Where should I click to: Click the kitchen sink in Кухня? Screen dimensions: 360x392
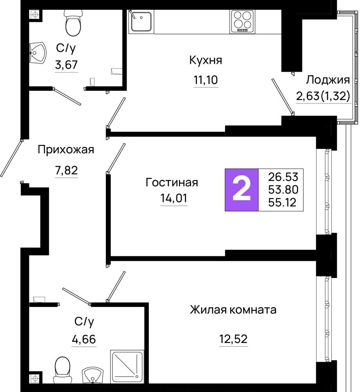tap(141, 22)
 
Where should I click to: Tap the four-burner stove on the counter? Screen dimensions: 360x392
tap(242, 22)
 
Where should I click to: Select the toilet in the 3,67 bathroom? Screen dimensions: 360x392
tap(73, 23)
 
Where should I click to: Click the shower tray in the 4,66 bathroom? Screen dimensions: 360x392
tap(127, 367)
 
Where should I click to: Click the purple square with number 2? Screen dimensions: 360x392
tap(242, 190)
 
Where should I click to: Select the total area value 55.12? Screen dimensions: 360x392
tap(282, 202)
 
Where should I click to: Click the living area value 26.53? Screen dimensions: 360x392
tap(283, 177)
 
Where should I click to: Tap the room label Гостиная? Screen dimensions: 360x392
tap(172, 183)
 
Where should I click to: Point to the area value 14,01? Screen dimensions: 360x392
tap(174, 198)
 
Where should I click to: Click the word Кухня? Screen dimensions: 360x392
tap(206, 60)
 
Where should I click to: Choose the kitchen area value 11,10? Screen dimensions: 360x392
tap(206, 80)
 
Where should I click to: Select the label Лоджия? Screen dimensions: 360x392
tap(328, 80)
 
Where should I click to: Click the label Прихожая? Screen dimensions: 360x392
tap(66, 150)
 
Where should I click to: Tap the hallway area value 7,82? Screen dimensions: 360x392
tap(67, 171)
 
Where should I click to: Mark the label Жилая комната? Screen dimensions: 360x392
tap(233, 310)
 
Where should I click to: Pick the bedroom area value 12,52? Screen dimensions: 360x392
tap(233, 339)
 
